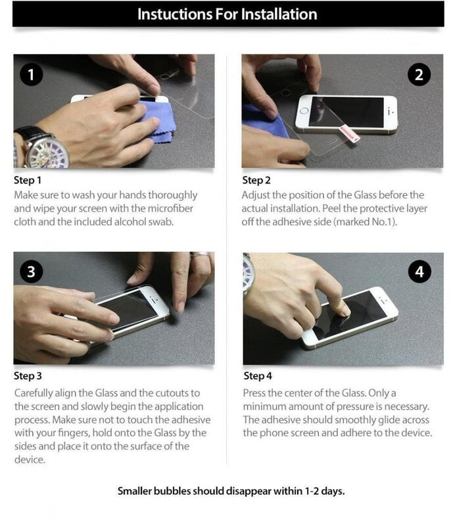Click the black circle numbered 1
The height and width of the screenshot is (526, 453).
click(x=31, y=75)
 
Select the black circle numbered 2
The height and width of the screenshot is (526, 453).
click(x=419, y=75)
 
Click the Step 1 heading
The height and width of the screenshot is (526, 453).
click(x=28, y=180)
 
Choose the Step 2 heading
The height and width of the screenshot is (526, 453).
click(x=256, y=180)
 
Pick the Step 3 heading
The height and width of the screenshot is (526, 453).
click(x=28, y=376)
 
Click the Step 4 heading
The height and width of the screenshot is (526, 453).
click(x=257, y=376)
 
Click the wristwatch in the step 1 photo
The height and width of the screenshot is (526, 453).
click(x=42, y=148)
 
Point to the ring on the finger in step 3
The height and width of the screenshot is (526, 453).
click(x=201, y=255)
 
